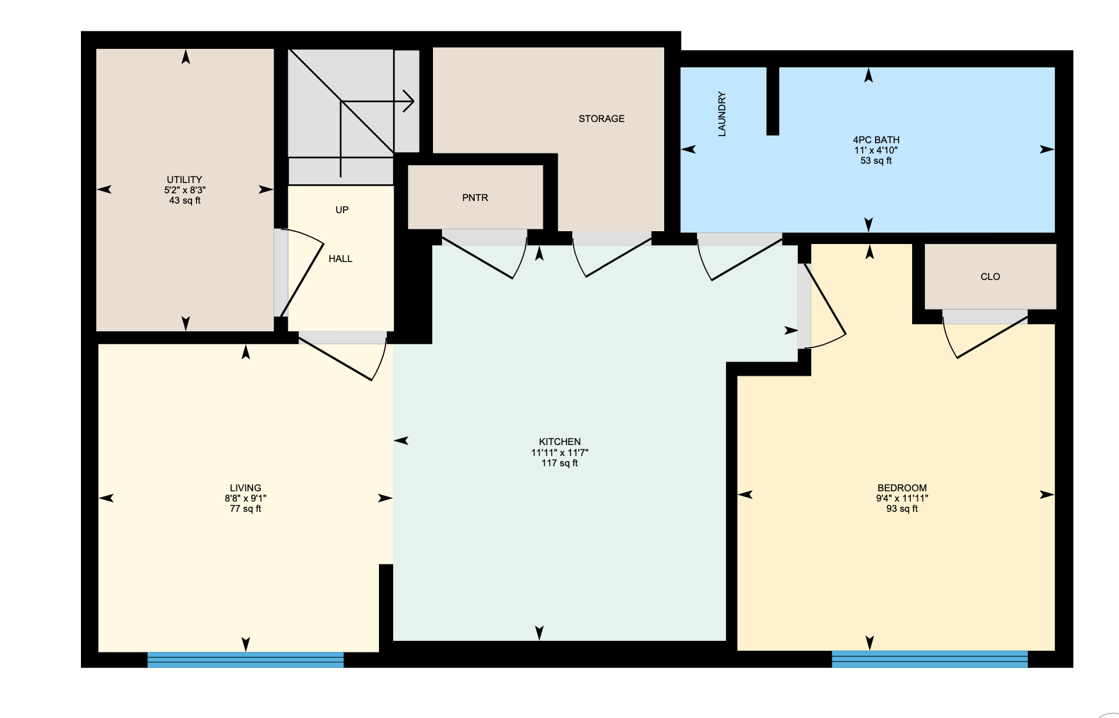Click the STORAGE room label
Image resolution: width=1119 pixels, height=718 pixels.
click(x=601, y=119)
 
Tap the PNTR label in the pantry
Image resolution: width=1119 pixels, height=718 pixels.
click(x=475, y=198)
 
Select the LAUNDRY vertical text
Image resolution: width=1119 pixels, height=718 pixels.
click(x=721, y=114)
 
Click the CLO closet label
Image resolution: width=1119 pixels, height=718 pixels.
click(x=990, y=277)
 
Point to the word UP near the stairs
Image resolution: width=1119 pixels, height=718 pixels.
click(x=342, y=210)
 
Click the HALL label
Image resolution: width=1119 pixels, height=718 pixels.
click(x=340, y=259)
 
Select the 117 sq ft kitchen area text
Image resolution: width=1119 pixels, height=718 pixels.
click(x=559, y=463)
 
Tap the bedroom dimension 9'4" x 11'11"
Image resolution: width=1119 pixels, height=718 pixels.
click(x=902, y=498)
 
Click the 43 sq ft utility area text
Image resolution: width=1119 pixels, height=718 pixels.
click(x=184, y=200)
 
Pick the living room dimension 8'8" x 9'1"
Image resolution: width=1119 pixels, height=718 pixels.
click(x=245, y=498)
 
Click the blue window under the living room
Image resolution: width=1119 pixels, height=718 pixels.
click(x=245, y=660)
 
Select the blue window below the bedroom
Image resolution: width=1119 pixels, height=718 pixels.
click(x=930, y=659)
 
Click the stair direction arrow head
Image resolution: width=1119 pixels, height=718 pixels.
click(x=409, y=101)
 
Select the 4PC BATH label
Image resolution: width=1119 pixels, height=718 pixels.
click(x=876, y=140)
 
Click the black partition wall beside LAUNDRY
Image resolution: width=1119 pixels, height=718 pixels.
click(x=773, y=101)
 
